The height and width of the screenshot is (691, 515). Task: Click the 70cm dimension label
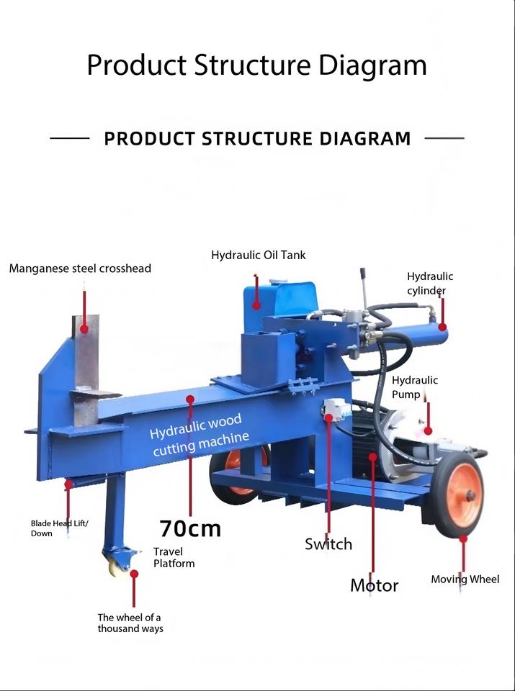tap(190, 528)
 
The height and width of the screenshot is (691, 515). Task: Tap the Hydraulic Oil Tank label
tap(259, 255)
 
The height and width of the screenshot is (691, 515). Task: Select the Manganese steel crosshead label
tap(80, 268)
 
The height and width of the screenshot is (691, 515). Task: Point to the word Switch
tap(328, 544)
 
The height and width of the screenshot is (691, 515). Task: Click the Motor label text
tap(375, 585)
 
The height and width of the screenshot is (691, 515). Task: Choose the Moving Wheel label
tap(465, 579)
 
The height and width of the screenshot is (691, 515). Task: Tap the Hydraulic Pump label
tap(415, 387)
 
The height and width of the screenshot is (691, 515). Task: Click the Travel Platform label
tap(174, 557)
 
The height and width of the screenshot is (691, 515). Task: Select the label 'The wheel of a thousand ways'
tap(130, 623)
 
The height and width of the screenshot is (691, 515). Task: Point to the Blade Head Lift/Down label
tap(59, 528)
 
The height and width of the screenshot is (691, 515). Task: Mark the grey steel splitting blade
tap(86, 370)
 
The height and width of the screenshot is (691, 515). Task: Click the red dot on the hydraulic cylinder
tap(442, 327)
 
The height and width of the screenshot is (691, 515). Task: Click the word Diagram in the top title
tap(372, 65)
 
